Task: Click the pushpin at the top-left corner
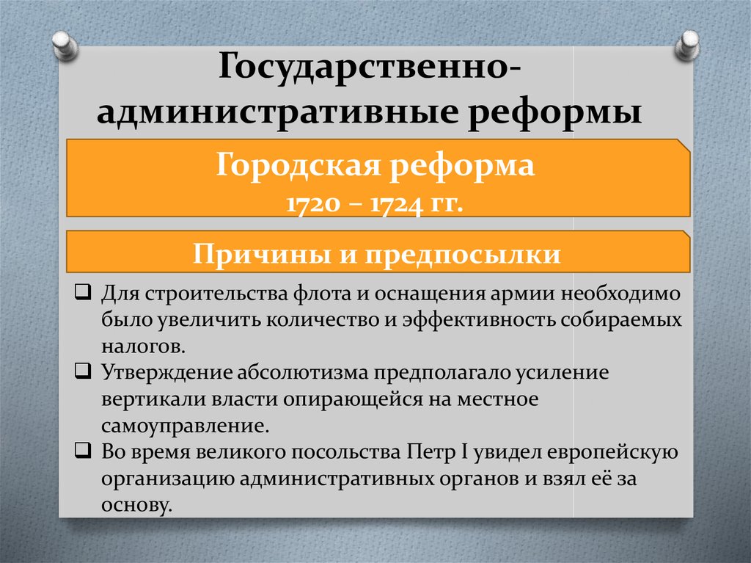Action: pyautogui.click(x=65, y=46)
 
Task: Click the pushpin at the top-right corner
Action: pyautogui.click(x=687, y=46)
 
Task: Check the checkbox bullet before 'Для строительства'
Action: pyautogui.click(x=83, y=291)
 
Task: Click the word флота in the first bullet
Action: pyautogui.click(x=323, y=294)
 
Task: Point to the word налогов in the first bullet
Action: pyautogui.click(x=143, y=346)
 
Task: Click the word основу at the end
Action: pyautogui.click(x=136, y=505)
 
